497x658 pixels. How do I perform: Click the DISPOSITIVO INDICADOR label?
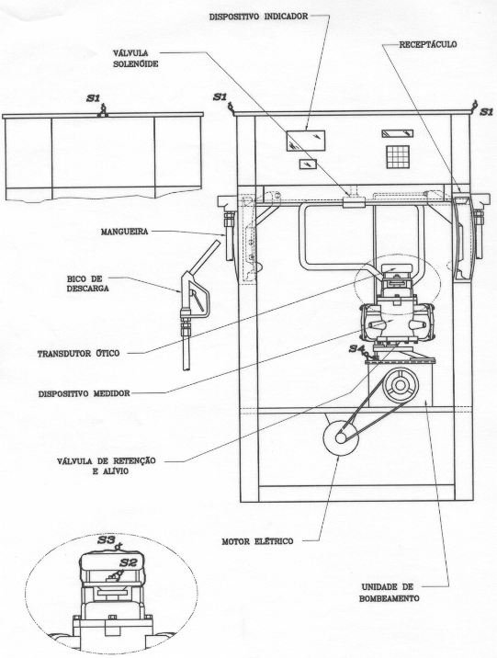point(258,17)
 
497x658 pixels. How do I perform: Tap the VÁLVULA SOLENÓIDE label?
point(135,59)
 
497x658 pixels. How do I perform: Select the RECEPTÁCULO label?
point(428,44)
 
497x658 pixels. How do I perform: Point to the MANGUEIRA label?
point(125,232)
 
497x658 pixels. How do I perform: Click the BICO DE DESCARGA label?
point(87,284)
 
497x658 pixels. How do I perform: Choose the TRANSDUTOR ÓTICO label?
point(78,353)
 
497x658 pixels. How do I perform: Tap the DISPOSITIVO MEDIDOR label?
point(84,394)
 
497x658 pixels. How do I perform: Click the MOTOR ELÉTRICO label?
point(257,541)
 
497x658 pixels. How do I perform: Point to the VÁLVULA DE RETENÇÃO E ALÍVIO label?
point(107,466)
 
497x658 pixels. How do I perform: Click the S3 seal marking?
point(107,539)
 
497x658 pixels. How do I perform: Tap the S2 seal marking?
point(129,562)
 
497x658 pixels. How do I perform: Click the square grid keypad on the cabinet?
point(398,157)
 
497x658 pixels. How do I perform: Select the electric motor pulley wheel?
point(341,437)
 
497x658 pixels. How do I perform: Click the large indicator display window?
point(306,141)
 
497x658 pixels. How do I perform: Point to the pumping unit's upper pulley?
point(401,386)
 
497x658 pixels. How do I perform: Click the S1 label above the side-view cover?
point(93,98)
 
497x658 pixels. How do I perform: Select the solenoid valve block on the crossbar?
point(354,202)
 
